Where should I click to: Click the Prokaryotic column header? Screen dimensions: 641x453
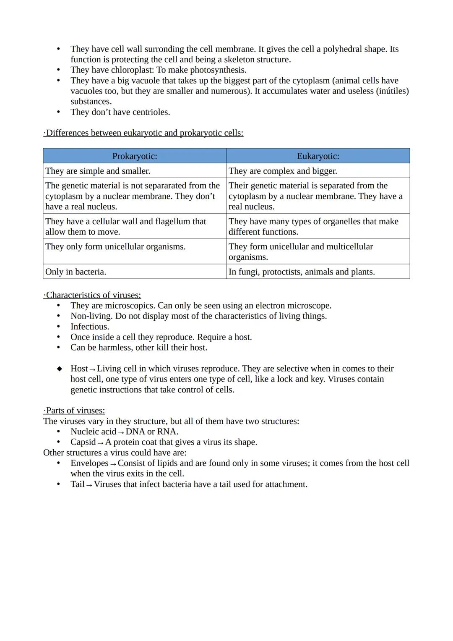pos(135,156)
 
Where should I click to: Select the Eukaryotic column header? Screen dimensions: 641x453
pos(318,156)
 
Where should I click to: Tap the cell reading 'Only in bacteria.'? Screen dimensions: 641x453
pos(75,272)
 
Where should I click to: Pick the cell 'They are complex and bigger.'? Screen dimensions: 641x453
pos(283,171)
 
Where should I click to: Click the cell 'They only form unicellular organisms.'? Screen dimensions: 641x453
pos(115,246)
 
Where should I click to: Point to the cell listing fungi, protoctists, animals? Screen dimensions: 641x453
pos(302,272)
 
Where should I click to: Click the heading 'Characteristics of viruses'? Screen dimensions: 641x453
pos(93,295)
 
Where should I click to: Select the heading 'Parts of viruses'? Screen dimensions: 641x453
pos(75,411)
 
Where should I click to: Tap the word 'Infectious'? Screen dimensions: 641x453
pos(90,327)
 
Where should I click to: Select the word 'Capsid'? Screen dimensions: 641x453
pos(83,442)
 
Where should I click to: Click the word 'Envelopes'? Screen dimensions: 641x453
pos(89,463)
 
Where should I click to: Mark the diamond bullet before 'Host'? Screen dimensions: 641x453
pos(60,369)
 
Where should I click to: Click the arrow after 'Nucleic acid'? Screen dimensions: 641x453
pos(121,432)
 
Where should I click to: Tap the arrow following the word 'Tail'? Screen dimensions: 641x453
pos(89,485)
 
